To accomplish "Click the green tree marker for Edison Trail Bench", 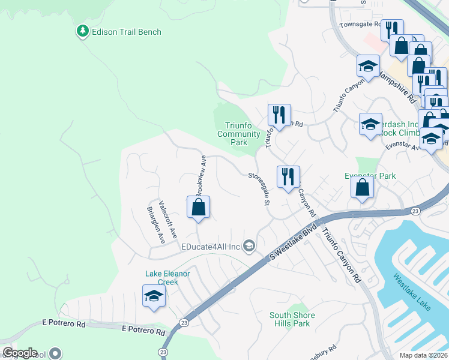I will [82, 31].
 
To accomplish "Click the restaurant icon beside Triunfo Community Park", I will [279, 113].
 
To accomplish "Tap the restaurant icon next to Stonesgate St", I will [288, 176].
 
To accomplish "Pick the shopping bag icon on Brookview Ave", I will [199, 208].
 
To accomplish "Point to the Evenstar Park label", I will [370, 176].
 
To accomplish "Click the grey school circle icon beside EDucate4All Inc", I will [249, 246].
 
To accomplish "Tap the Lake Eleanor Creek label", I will [167, 278].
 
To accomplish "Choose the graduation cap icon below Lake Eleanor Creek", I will [154, 296].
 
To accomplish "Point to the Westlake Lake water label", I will [412, 293].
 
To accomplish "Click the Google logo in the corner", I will [20, 353].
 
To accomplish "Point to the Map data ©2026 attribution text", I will [423, 355].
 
